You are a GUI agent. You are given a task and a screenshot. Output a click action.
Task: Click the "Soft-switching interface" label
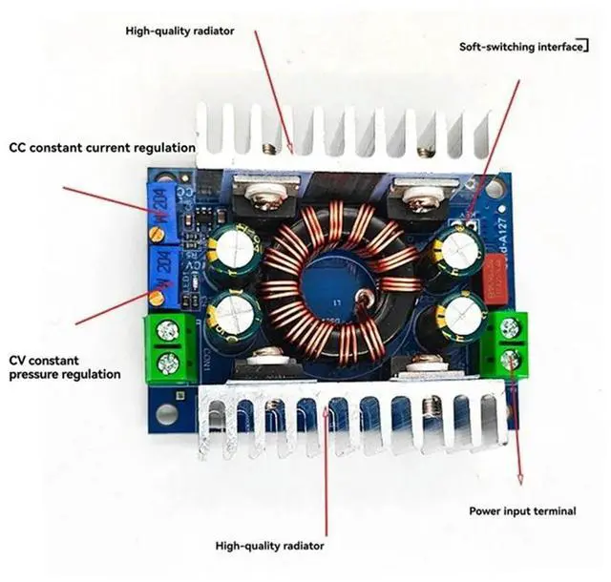(x=520, y=45)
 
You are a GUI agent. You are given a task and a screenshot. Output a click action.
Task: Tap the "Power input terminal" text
(x=521, y=511)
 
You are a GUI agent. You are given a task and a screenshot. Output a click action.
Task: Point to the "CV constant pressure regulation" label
(x=65, y=367)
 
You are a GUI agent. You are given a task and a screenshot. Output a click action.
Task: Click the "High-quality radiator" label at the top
(x=179, y=30)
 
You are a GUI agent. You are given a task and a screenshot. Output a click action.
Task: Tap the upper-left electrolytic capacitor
(x=232, y=247)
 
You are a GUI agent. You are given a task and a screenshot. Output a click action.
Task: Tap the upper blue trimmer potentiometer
(x=162, y=202)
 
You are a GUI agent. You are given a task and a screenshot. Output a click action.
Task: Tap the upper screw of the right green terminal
(x=507, y=326)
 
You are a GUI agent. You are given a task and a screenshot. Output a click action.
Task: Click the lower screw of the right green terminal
(x=509, y=359)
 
